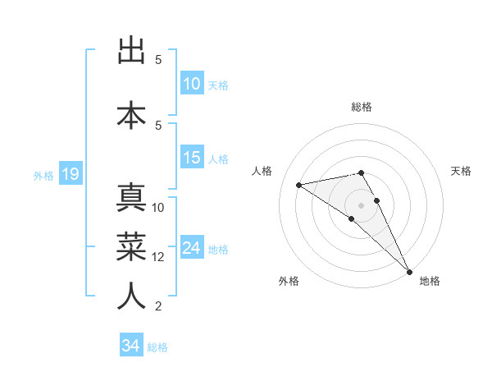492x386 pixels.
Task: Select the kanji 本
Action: tap(131, 113)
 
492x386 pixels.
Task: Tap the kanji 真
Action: tap(131, 200)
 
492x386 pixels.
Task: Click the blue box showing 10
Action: tap(192, 84)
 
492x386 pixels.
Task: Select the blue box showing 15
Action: tap(192, 158)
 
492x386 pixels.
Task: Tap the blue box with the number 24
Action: tap(192, 248)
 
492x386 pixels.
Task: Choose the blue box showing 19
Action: tap(70, 174)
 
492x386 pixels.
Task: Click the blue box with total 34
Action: tap(131, 346)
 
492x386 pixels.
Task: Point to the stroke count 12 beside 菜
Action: tap(158, 257)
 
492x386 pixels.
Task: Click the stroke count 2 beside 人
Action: tap(158, 306)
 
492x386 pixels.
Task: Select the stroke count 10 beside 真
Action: tap(158, 208)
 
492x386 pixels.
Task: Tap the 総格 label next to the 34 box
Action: tap(157, 347)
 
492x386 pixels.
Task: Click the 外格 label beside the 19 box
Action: tap(43, 175)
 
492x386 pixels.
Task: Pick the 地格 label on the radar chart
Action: tap(430, 281)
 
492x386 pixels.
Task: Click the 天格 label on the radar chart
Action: tap(461, 171)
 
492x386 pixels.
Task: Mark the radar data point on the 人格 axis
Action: tap(298, 184)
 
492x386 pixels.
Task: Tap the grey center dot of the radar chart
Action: tap(362, 204)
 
